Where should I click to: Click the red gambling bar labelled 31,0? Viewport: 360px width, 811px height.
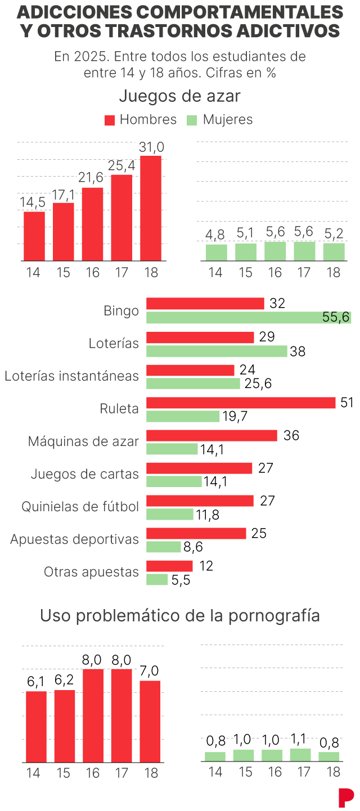point(151,208)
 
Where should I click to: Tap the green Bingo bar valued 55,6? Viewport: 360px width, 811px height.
point(249,317)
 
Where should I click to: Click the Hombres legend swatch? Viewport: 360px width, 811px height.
point(110,120)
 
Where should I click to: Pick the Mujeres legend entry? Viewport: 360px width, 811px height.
point(219,120)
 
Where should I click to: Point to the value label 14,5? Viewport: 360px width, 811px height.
point(33,202)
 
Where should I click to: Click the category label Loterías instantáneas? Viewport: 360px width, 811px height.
point(71,376)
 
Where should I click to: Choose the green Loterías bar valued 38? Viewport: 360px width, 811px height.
point(217,351)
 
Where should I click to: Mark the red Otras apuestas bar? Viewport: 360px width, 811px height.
point(169,566)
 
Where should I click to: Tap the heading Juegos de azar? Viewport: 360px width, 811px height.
point(179,96)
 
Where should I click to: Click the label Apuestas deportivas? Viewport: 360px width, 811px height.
point(74,539)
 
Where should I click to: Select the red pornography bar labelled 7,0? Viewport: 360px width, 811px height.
point(150,721)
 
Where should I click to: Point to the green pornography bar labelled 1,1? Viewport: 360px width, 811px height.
point(300,755)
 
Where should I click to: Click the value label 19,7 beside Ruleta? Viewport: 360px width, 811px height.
point(235,417)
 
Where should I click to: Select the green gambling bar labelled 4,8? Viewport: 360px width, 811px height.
point(217,253)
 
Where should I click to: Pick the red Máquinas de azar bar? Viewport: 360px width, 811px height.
point(211,435)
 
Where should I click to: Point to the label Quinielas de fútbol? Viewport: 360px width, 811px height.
point(80,507)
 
